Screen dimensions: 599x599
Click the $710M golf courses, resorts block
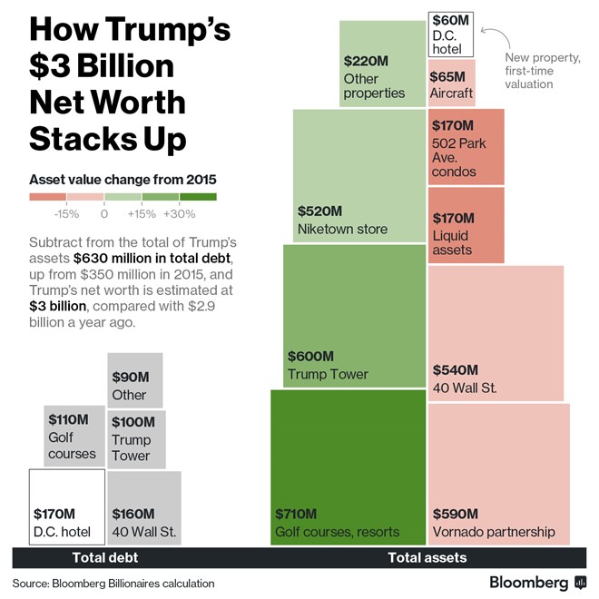(x=348, y=467)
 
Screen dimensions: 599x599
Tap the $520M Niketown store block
(x=359, y=176)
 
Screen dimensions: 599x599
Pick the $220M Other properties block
(x=382, y=64)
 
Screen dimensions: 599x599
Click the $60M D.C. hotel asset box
(x=451, y=34)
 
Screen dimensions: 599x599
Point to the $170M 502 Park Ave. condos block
(x=466, y=146)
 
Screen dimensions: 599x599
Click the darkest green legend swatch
(x=198, y=196)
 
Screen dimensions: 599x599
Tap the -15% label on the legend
(x=66, y=214)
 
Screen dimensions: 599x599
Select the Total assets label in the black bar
(x=427, y=558)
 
